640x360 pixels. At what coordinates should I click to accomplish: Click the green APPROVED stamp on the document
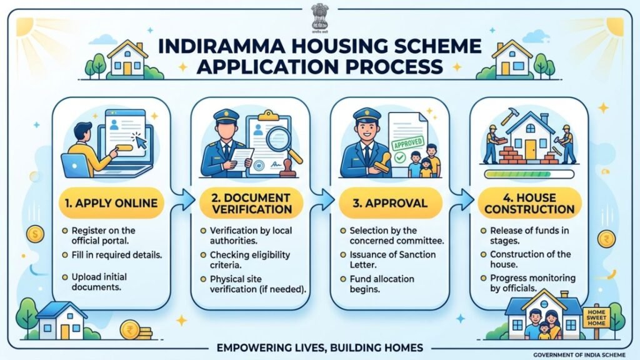(407, 144)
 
